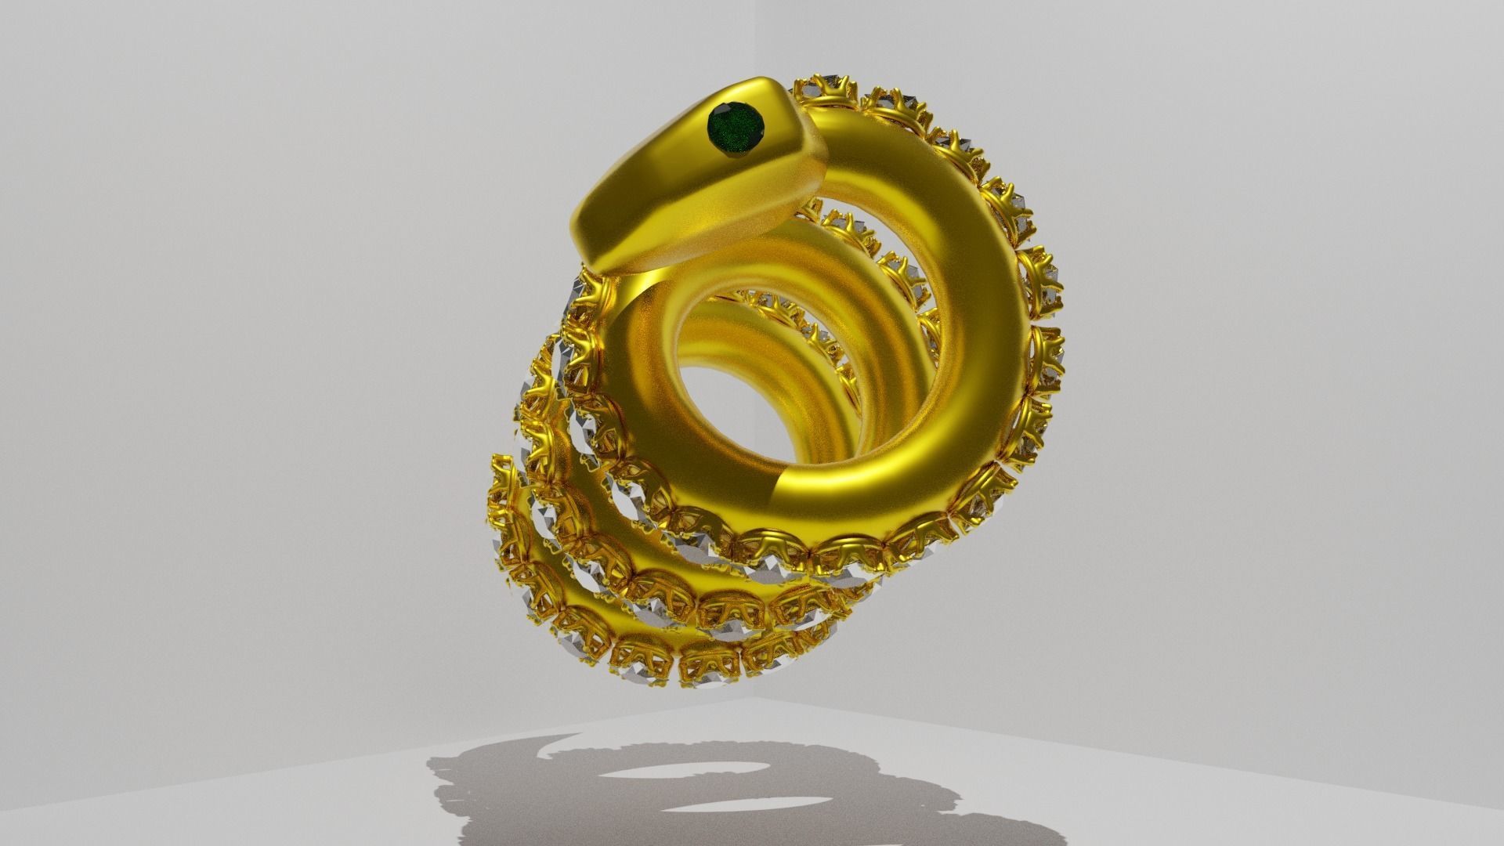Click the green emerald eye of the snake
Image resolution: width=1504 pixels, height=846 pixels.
tap(736, 128)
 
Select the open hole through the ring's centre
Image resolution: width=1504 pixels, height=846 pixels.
tap(744, 407)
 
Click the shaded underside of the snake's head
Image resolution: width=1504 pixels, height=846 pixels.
tap(689, 235)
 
